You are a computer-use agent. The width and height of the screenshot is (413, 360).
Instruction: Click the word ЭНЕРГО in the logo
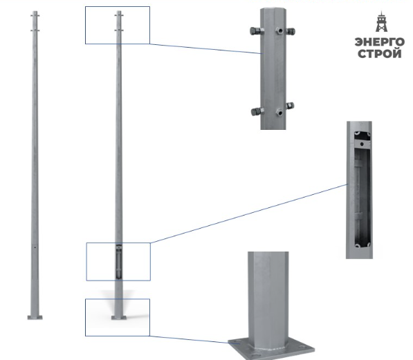point(380,42)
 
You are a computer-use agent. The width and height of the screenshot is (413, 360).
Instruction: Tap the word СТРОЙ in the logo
point(380,54)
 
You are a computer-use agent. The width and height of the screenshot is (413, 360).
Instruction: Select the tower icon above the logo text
point(381,21)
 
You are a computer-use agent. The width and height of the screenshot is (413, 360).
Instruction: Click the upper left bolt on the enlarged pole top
point(257,31)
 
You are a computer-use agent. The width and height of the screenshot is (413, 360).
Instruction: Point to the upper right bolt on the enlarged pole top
point(291,31)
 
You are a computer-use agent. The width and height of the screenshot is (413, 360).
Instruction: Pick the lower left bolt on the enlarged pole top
point(257,111)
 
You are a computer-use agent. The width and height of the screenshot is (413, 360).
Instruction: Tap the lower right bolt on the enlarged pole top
point(290,106)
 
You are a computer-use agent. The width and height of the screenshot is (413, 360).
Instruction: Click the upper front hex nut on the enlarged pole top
point(279,31)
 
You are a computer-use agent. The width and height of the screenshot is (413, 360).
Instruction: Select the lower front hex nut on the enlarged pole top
point(279,113)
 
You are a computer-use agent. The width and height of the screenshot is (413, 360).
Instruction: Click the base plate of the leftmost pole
point(35,317)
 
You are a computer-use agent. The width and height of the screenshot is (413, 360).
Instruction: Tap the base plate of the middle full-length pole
point(119,317)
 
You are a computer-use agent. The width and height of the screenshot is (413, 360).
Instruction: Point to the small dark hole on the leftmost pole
point(35,247)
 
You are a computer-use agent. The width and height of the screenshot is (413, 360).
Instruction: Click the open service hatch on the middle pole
point(119,261)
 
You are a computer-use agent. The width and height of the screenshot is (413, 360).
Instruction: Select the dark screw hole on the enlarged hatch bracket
point(362,144)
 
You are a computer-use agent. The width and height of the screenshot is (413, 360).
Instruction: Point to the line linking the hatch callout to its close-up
point(248,214)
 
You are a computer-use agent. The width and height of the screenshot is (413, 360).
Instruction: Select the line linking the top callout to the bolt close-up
point(205,48)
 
